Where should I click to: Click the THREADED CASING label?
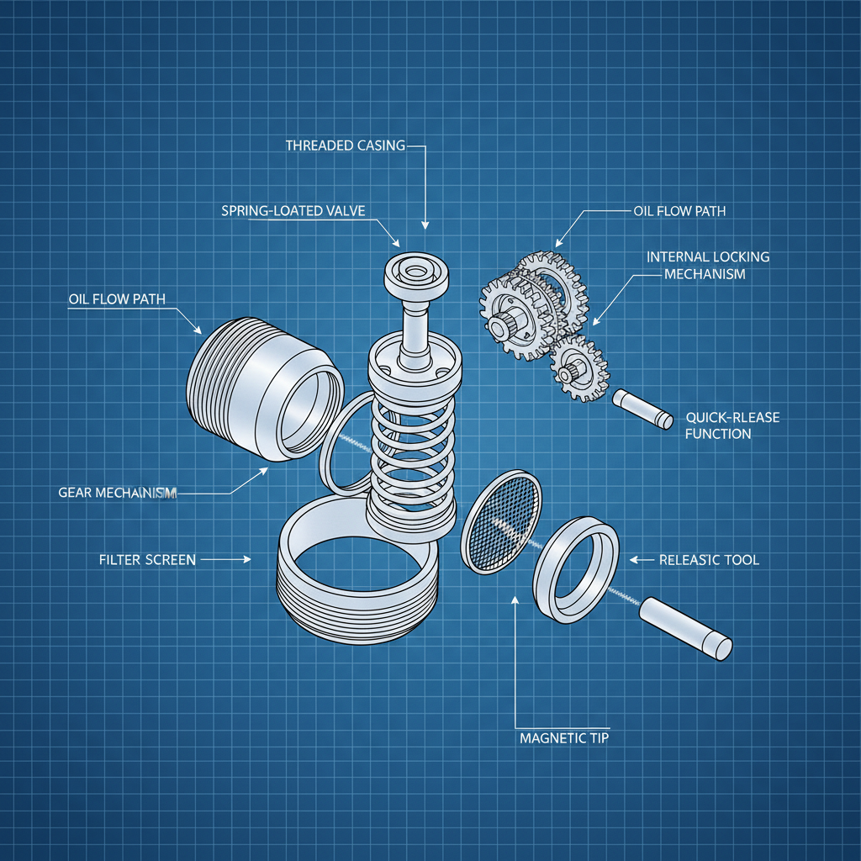point(345,145)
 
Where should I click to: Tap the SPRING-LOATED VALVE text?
point(293,210)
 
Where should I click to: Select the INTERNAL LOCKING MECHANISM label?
point(707,265)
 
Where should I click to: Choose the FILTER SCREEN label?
point(147,559)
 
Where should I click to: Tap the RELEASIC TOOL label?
point(709,560)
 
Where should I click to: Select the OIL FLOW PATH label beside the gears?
point(679,211)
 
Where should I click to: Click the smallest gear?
point(579,367)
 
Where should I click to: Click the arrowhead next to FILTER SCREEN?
point(246,559)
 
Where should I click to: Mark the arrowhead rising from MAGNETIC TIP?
point(514,599)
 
